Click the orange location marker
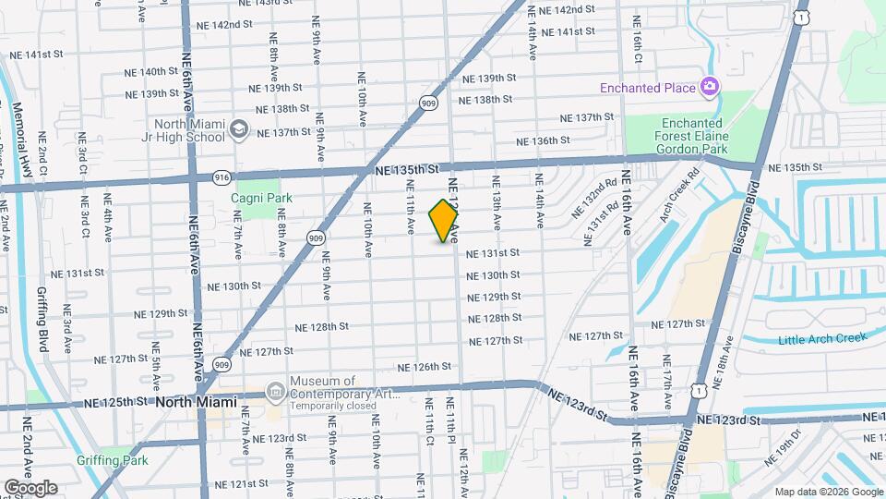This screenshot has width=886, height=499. pyautogui.click(x=444, y=221)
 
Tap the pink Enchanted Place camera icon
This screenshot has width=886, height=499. pyautogui.click(x=710, y=88)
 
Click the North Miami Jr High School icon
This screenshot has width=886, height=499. pyautogui.click(x=239, y=128)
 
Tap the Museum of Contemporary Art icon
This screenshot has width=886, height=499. pyautogui.click(x=275, y=392)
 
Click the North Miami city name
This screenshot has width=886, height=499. pyautogui.click(x=196, y=403)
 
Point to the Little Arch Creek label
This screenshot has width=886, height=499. pyautogui.click(x=822, y=339)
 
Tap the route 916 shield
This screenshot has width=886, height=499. pyautogui.click(x=221, y=176)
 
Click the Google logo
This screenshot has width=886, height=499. pyautogui.click(x=30, y=487)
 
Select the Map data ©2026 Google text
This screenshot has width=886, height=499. pyautogui.click(x=829, y=492)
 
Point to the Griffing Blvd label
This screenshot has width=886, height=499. pyautogui.click(x=42, y=314)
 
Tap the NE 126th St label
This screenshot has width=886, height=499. pyautogui.click(x=425, y=366)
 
